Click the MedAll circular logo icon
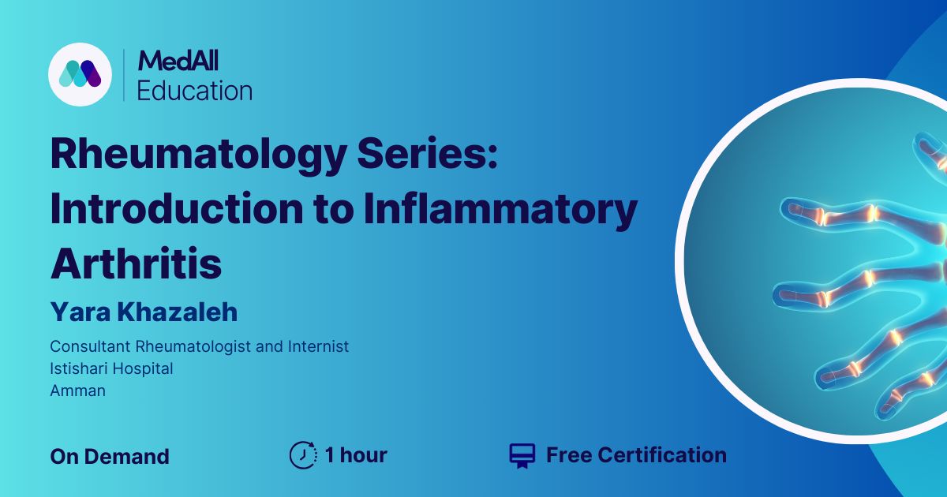coord(80,74)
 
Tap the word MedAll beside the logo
coord(178,61)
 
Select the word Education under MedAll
coord(195,91)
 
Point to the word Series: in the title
coord(428,152)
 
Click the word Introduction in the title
coord(177,208)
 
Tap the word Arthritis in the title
coord(136,263)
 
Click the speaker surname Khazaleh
coord(177,312)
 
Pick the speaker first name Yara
coord(80,312)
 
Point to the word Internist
coord(318,346)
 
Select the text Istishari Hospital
coord(111,369)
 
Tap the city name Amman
coord(78,391)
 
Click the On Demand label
coord(110,457)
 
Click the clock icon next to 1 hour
coord(304,455)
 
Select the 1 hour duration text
coord(356,455)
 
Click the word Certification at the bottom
coord(662,455)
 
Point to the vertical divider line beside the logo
coord(124,75)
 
